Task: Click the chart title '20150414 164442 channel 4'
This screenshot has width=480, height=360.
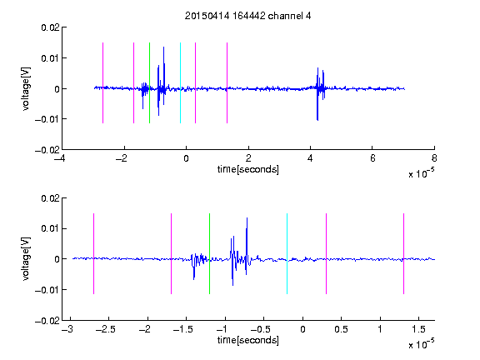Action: (x=247, y=16)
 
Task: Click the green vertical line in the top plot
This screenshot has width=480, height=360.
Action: (x=149, y=83)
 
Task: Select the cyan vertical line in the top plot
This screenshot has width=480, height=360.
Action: (x=180, y=83)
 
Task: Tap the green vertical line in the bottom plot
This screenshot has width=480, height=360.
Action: (x=209, y=254)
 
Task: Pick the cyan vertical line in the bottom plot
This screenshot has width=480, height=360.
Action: (x=287, y=254)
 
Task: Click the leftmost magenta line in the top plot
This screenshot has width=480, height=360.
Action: (x=102, y=83)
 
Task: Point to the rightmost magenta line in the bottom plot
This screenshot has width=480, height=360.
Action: (x=403, y=254)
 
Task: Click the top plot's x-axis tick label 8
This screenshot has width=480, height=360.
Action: (x=434, y=158)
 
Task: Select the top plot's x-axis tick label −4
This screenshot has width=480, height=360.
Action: (x=60, y=158)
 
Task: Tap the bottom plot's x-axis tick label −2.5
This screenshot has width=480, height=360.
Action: (x=106, y=329)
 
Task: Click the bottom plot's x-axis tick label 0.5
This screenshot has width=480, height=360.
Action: (x=341, y=329)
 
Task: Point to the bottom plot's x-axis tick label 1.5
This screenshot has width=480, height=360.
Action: (x=419, y=329)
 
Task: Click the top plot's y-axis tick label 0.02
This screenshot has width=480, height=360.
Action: (x=51, y=27)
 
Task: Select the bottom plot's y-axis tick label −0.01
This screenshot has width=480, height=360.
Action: (x=47, y=290)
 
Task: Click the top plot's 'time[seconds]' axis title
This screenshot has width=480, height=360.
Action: (x=248, y=169)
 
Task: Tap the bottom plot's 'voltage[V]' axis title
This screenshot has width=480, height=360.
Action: (x=27, y=259)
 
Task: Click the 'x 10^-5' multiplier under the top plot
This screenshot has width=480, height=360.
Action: (x=421, y=172)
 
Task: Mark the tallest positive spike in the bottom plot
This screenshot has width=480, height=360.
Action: (x=247, y=218)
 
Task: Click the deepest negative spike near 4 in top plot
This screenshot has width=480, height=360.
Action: (x=317, y=120)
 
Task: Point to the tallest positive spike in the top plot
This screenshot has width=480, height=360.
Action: (x=164, y=47)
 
